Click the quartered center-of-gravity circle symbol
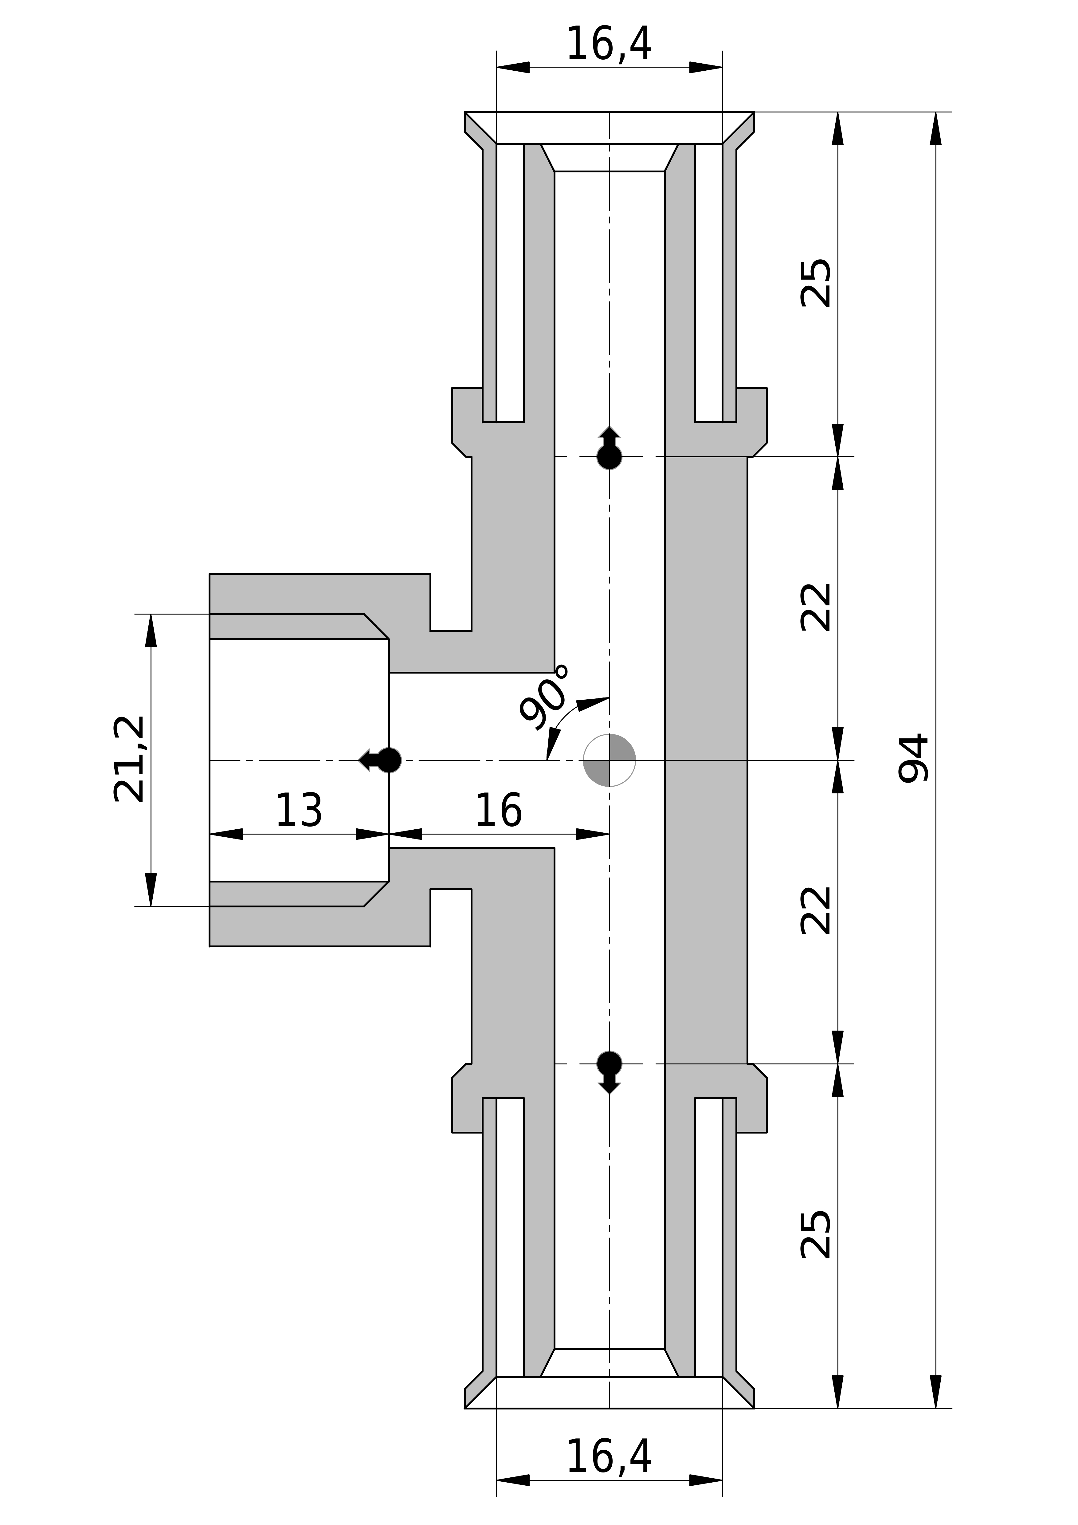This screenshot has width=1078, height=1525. pos(609,760)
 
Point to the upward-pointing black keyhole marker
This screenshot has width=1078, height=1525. pos(609,449)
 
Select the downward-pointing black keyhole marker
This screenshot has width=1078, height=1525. pos(609,1071)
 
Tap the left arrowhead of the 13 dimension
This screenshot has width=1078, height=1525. pos(226,834)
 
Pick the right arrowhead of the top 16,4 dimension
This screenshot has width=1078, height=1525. pos(705,67)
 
